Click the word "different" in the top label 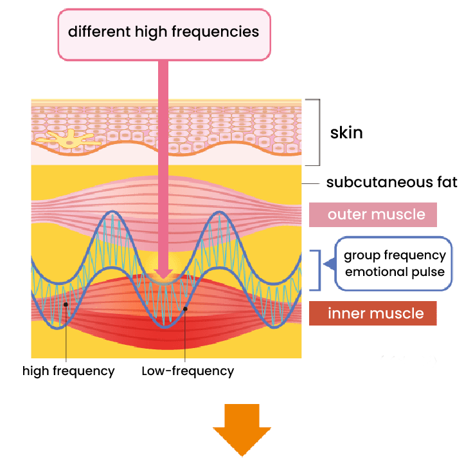point(96,32)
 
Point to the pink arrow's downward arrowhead point(163,275)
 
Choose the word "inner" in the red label point(346,313)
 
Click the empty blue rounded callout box point(394,264)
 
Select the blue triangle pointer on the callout point(328,264)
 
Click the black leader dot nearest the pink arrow point(185,309)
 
